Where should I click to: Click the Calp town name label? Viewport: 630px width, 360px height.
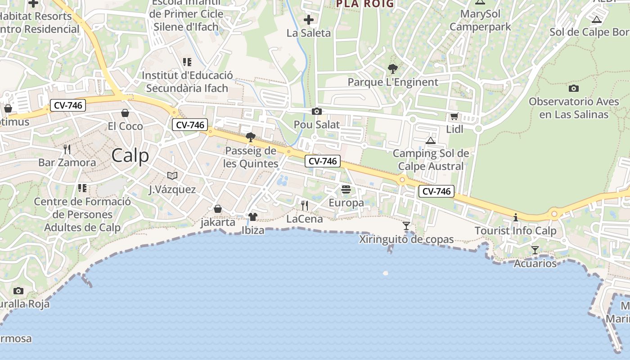click(130, 156)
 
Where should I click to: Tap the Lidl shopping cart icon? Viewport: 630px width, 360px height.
click(454, 117)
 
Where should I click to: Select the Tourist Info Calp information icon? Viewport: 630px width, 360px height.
click(516, 218)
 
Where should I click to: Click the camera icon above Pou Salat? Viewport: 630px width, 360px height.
click(317, 111)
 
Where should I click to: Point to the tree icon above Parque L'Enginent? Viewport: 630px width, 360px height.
click(393, 69)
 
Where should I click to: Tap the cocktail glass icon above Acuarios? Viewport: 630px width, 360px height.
click(535, 250)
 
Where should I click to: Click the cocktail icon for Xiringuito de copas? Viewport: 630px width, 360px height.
click(406, 225)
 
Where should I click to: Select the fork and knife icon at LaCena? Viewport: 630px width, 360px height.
click(305, 206)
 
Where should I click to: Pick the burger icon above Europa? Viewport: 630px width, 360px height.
click(346, 189)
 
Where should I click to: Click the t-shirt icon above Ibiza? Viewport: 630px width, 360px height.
click(252, 217)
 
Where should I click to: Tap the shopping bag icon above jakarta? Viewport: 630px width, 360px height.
click(218, 209)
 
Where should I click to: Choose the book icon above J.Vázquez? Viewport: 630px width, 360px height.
click(172, 175)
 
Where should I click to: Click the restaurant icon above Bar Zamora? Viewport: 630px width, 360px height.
click(67, 149)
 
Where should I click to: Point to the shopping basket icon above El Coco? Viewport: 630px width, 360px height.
click(125, 112)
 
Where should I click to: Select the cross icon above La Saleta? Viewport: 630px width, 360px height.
click(309, 20)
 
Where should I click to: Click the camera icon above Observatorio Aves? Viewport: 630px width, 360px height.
click(574, 88)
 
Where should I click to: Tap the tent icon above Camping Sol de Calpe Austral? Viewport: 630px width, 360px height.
click(431, 140)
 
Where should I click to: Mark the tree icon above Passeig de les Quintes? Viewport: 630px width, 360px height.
click(251, 137)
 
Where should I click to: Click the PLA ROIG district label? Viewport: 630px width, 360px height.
click(365, 4)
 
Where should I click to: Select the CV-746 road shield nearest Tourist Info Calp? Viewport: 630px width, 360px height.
click(436, 191)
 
